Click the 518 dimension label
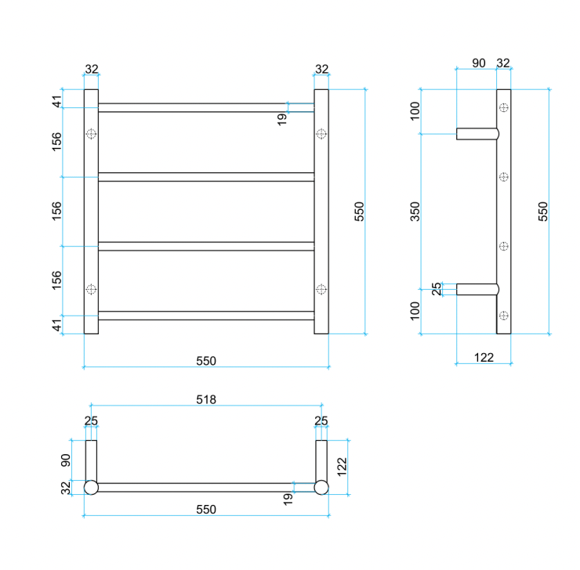point(205,399)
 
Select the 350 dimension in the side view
point(415,211)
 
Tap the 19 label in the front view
point(282,117)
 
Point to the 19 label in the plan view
point(287,496)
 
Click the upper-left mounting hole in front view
point(91,134)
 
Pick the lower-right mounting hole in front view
point(321,289)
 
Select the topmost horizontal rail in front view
point(205,107)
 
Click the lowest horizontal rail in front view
point(205,316)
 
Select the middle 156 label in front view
point(57,211)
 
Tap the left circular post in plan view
point(91,488)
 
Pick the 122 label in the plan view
point(341,467)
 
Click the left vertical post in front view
point(91,211)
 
